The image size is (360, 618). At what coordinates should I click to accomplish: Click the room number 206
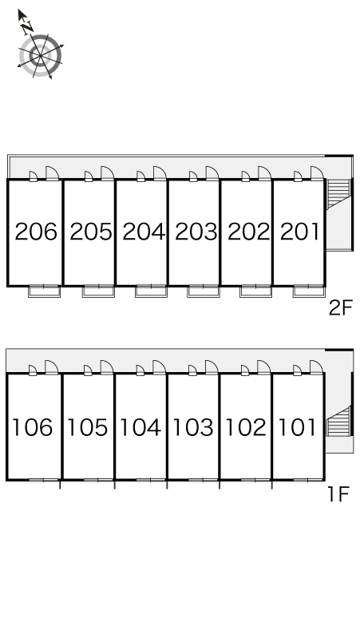[x=36, y=232]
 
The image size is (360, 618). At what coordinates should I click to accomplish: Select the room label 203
[x=196, y=232]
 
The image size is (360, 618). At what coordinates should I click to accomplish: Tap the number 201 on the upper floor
[x=300, y=232]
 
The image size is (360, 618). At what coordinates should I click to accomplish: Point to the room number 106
[x=33, y=427]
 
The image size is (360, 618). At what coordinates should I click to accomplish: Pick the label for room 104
[x=140, y=427]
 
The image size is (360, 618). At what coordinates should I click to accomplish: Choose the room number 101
[x=298, y=427]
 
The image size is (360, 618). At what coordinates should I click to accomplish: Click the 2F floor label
[x=340, y=308]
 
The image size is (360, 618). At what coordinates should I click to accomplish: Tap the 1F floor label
[x=338, y=494]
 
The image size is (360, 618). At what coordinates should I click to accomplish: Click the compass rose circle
[x=41, y=55]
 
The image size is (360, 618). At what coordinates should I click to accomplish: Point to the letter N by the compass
[x=27, y=27]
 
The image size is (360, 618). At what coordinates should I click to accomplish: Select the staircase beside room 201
[x=338, y=193]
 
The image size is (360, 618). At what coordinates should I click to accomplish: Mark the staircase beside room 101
[x=338, y=421]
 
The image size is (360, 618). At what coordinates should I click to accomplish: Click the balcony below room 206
[x=44, y=291]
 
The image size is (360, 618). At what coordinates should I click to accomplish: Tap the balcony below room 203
[x=204, y=291]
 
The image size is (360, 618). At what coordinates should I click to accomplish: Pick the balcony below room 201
[x=309, y=291]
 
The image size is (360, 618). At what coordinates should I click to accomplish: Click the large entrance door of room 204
[x=160, y=173]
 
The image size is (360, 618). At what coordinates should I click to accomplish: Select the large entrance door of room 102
[x=264, y=367]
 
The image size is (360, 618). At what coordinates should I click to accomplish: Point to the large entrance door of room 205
[x=107, y=173]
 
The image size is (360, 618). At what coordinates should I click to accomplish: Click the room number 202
[x=249, y=232]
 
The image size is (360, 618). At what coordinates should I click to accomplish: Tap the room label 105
[x=88, y=427]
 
